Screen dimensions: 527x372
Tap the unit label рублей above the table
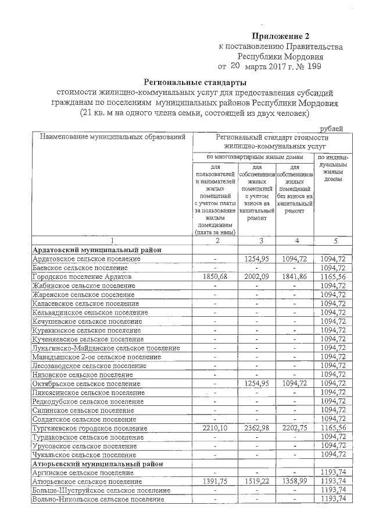(332, 128)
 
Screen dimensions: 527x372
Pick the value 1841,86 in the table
(295, 278)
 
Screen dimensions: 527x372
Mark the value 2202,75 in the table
(295, 428)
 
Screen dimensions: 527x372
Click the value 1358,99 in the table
(295, 482)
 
